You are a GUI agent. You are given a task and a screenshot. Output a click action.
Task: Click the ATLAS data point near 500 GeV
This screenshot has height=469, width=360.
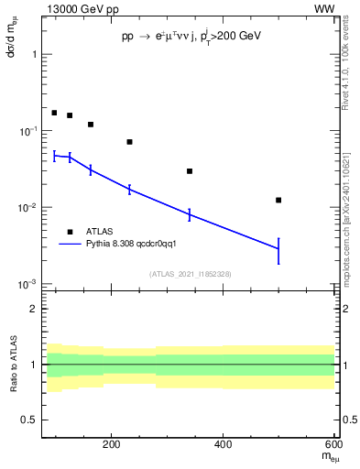(278, 200)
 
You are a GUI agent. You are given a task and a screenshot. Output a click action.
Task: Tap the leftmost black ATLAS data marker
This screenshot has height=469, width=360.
(54, 113)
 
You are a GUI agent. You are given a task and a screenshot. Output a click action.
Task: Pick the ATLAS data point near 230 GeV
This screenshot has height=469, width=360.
(129, 142)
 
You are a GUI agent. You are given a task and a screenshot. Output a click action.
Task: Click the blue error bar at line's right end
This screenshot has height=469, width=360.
(278, 250)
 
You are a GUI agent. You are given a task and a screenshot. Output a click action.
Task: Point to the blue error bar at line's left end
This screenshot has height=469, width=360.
(54, 157)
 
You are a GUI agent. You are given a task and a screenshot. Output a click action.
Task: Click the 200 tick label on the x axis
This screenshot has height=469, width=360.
(112, 445)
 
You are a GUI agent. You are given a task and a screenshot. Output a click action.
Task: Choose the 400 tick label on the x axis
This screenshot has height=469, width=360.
(223, 445)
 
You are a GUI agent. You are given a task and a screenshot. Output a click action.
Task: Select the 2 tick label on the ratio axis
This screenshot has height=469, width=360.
(34, 309)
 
